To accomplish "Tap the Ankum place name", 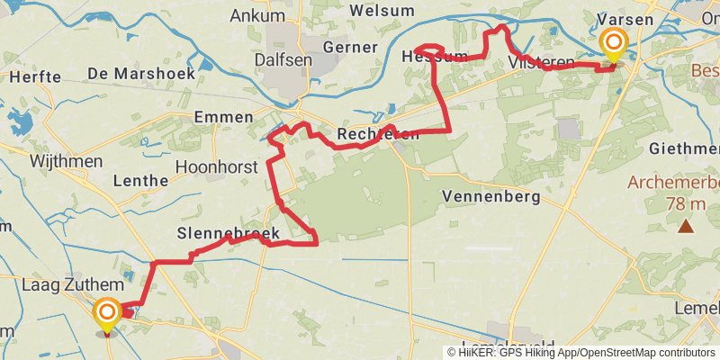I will [x=257, y=15].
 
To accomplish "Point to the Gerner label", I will [x=351, y=47].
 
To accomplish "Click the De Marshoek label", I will [x=141, y=74].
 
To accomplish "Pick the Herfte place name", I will [x=35, y=77].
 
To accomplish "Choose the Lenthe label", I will [x=140, y=180].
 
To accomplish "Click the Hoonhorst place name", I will [x=216, y=166].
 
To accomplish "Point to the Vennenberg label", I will [x=490, y=195].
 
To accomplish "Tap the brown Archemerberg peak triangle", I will [x=686, y=226].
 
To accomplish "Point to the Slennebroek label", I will [x=228, y=234].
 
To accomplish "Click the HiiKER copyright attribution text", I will [x=581, y=353].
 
